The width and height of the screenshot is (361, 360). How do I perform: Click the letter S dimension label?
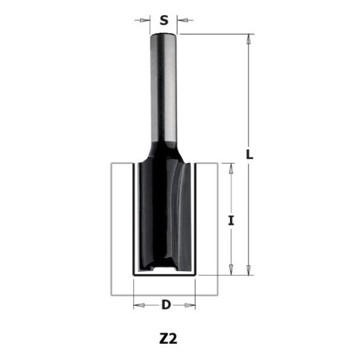click(164, 20)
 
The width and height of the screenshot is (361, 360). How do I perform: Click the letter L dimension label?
click(249, 154)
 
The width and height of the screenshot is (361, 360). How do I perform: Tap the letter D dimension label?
click(165, 304)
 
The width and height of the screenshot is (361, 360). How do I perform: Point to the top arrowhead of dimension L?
click(249, 38)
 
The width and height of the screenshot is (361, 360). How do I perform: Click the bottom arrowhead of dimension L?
click(249, 270)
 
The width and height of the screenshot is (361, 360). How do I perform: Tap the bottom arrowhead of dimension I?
click(230, 270)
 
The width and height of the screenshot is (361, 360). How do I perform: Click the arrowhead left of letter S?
click(146, 20)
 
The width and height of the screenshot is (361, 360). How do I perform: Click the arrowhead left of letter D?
click(137, 304)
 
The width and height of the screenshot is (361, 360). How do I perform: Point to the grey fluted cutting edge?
click(184, 216)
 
